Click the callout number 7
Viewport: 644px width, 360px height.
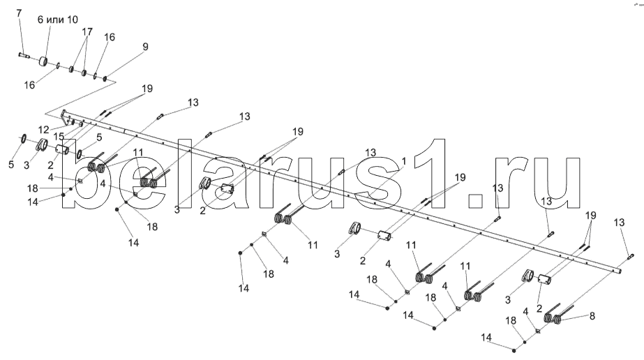click(x=19, y=14)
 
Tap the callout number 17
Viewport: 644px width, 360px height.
click(x=87, y=32)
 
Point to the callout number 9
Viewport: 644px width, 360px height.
click(x=144, y=47)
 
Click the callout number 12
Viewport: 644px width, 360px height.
click(x=45, y=130)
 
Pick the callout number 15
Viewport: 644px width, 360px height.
click(x=60, y=135)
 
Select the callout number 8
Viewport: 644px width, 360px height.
click(x=592, y=316)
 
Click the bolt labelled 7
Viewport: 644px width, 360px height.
click(x=24, y=54)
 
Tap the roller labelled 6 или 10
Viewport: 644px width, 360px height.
click(x=47, y=62)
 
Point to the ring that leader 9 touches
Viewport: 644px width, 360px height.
click(x=105, y=79)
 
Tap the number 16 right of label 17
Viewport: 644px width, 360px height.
click(x=110, y=37)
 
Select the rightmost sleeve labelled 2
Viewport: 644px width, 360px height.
click(x=546, y=280)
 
